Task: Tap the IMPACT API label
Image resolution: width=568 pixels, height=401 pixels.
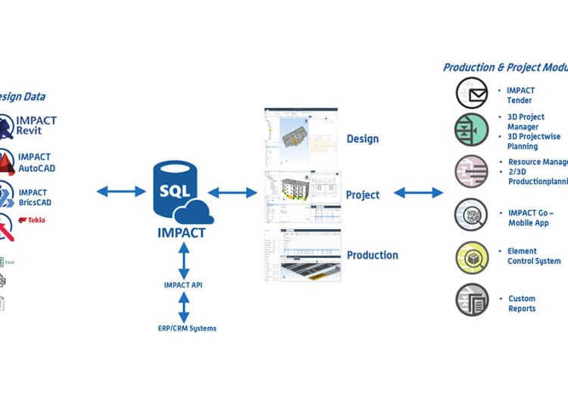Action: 183,284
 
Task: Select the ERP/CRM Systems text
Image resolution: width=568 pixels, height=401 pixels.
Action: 182,328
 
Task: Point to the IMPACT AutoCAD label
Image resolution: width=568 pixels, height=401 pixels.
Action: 36,163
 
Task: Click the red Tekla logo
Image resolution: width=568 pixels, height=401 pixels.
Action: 32,220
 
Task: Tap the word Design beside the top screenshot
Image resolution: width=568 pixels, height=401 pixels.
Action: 362,139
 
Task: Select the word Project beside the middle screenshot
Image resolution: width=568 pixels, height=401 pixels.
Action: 363,195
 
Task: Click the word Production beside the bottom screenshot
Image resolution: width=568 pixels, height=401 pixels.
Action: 373,255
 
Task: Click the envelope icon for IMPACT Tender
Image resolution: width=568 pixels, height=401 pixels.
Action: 471,94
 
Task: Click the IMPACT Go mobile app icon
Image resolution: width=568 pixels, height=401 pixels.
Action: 471,214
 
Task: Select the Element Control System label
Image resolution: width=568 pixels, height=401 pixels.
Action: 534,256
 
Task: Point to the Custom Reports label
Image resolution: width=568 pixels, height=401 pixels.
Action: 522,303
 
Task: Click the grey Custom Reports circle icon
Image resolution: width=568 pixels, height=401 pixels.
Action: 471,300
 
